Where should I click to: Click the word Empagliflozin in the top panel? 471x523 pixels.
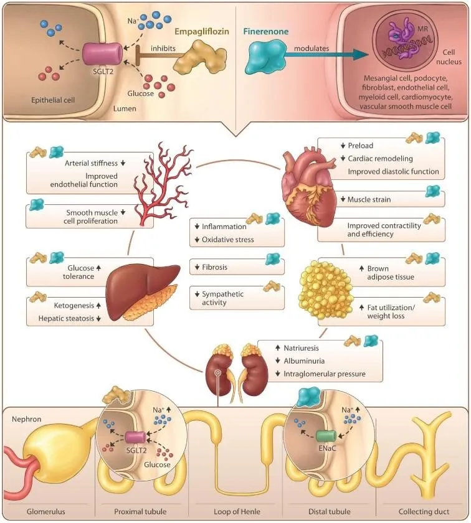coord(202,32)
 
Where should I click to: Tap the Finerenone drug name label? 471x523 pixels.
coord(265,31)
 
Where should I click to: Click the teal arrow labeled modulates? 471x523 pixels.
coord(325,55)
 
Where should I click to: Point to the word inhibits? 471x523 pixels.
coord(163,49)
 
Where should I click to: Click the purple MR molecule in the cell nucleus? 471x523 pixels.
coord(404,39)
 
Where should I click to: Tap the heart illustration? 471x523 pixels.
coord(310,187)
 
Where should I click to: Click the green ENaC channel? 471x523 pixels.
coord(326,436)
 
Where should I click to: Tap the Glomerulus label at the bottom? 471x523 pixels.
coord(46,511)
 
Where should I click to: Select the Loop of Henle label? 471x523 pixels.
coord(237,511)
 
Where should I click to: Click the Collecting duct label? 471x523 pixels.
coord(424,511)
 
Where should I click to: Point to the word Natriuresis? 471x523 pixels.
coord(301,348)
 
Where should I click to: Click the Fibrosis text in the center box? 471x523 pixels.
coord(214,267)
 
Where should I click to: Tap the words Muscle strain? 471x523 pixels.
coord(369,199)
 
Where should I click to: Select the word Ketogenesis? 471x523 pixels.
coord(74,306)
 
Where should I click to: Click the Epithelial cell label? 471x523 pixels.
coord(53,100)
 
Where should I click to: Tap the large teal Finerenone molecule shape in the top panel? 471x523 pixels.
coord(265,57)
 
